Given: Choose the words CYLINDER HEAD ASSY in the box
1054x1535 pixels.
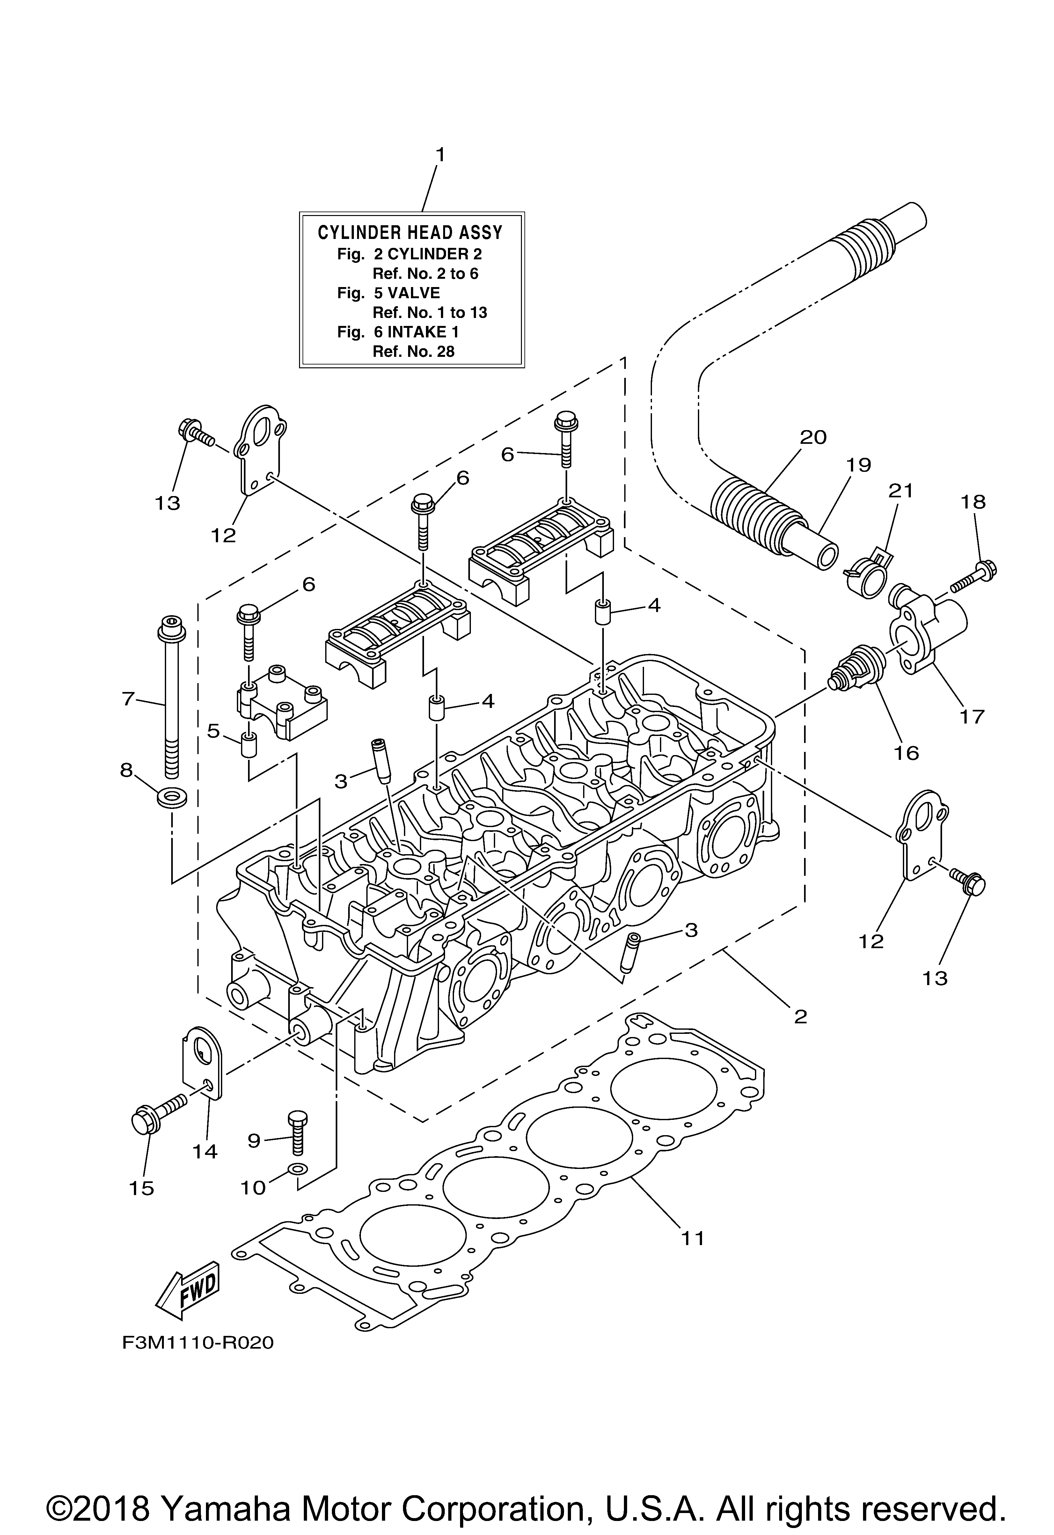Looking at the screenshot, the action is click(410, 233).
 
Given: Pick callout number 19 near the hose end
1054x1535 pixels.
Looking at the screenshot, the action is click(858, 464).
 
